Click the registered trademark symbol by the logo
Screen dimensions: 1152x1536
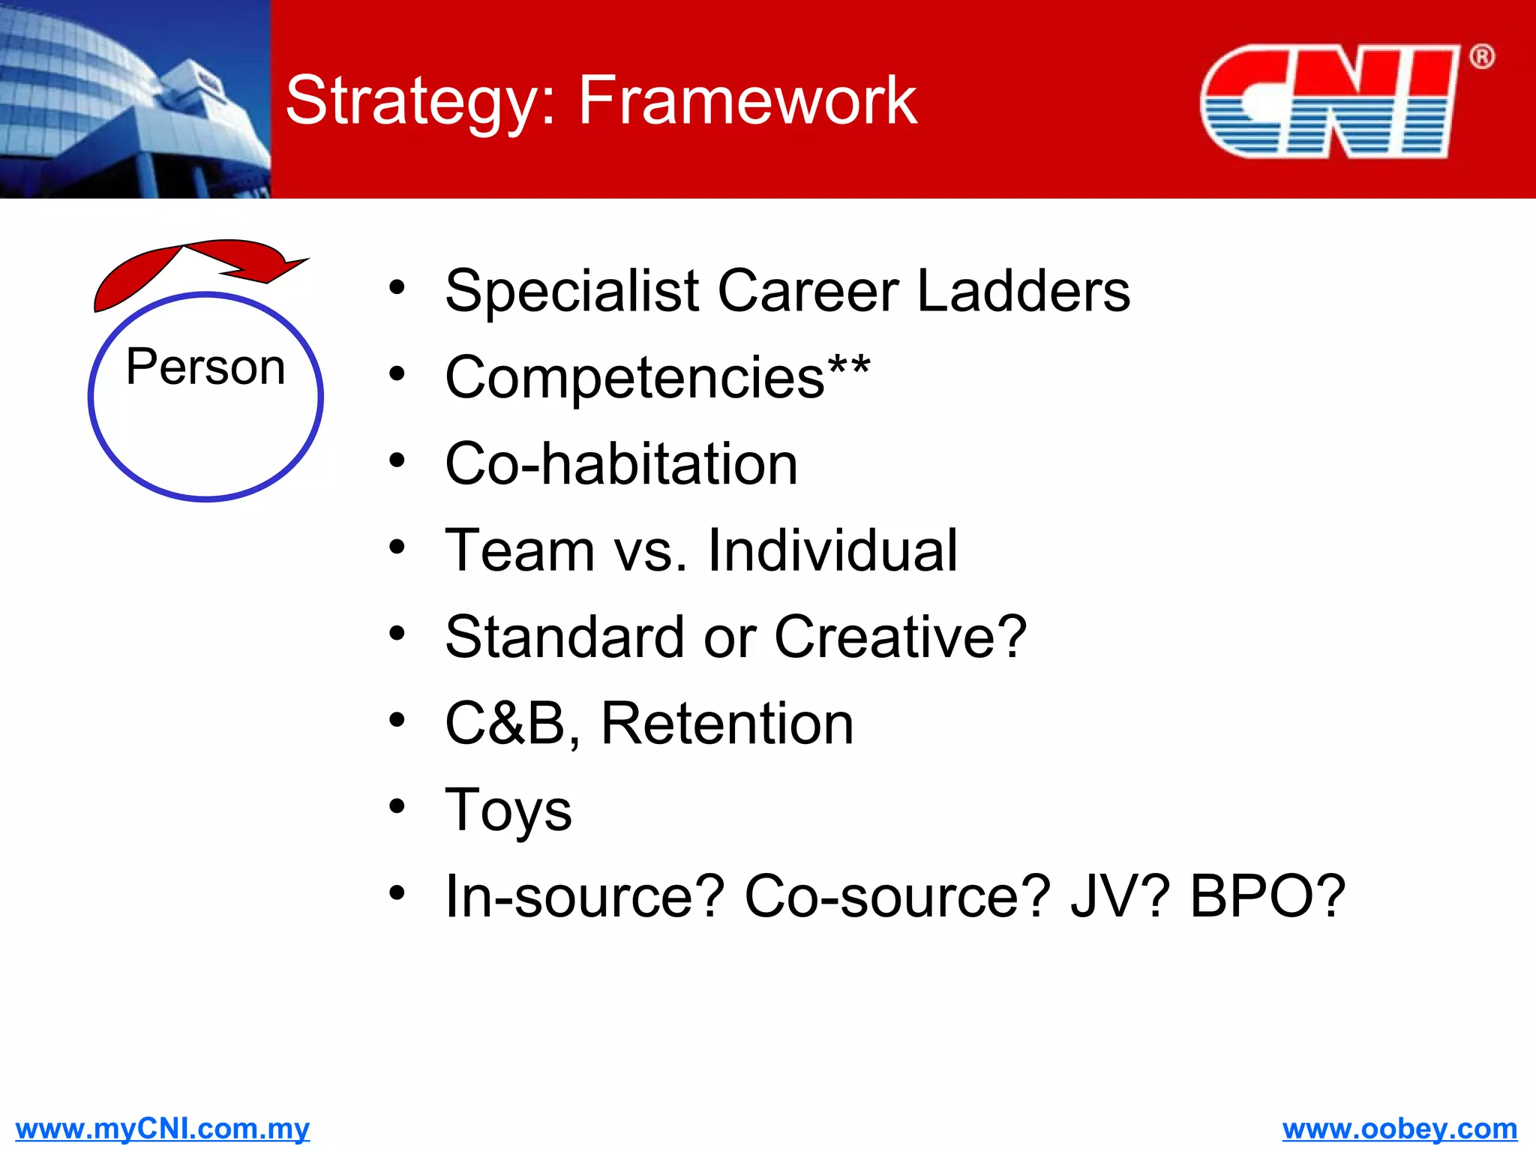tap(1481, 57)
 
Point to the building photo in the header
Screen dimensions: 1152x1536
tap(135, 99)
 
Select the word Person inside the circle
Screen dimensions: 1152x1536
tap(205, 367)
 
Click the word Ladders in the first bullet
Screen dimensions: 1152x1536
tap(1023, 291)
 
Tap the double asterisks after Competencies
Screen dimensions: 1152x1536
tap(849, 367)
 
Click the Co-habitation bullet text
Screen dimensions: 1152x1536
tap(621, 464)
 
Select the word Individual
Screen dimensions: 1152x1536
tap(832, 550)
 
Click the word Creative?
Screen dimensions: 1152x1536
tap(900, 637)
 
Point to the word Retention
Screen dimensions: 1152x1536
tap(727, 724)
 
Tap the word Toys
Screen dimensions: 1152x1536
tap(508, 811)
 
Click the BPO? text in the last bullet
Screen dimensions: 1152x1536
tap(1267, 896)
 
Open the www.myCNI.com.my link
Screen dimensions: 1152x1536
tap(162, 1129)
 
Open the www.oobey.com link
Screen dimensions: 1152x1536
tap(1399, 1129)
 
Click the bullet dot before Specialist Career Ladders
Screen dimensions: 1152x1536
tap(397, 287)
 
